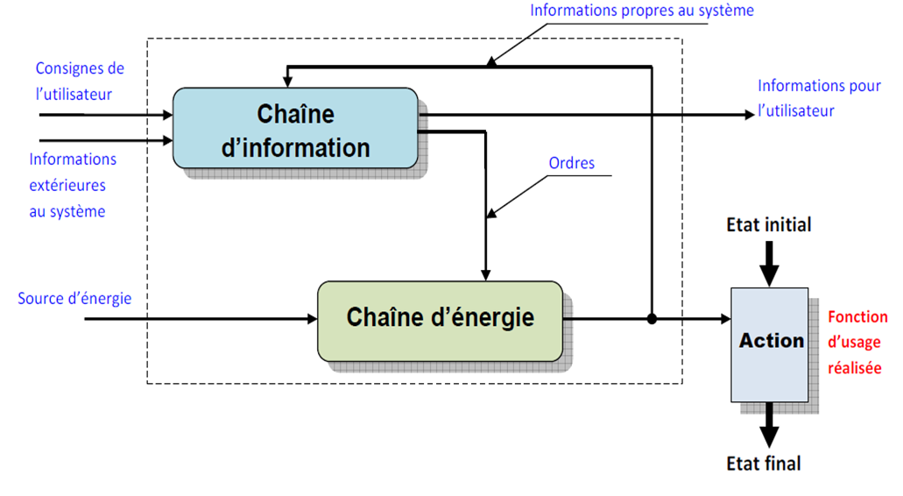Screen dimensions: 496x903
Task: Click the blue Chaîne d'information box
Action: point(295,128)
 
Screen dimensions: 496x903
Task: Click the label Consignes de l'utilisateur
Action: point(80,81)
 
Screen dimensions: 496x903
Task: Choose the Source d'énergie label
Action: point(74,299)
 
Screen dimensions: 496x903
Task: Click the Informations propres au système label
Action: point(641,11)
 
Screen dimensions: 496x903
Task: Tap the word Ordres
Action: point(571,163)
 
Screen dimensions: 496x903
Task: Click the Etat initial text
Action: point(768,224)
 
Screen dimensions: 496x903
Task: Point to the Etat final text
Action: point(764,464)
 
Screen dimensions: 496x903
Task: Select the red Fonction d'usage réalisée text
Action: point(857,343)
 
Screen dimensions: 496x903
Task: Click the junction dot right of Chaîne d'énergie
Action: point(651,319)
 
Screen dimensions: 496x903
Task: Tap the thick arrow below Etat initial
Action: point(768,262)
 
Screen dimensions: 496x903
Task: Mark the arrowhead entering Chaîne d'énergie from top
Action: point(485,273)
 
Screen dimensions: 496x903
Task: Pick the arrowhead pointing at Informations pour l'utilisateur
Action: point(746,114)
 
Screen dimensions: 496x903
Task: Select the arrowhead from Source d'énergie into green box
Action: point(311,319)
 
